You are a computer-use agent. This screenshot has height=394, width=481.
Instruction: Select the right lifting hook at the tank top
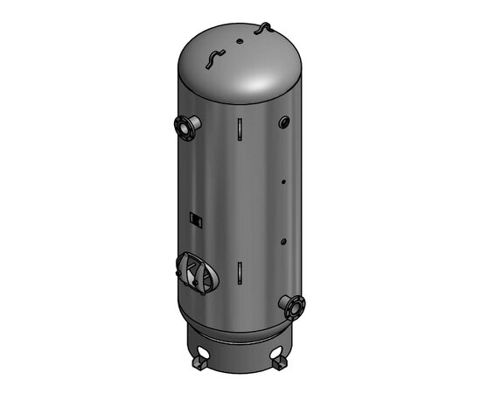261,30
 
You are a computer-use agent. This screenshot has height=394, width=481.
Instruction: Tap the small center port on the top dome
240,39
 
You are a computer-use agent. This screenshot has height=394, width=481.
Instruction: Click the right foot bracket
280,362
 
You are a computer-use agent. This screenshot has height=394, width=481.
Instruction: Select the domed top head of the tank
236,66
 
